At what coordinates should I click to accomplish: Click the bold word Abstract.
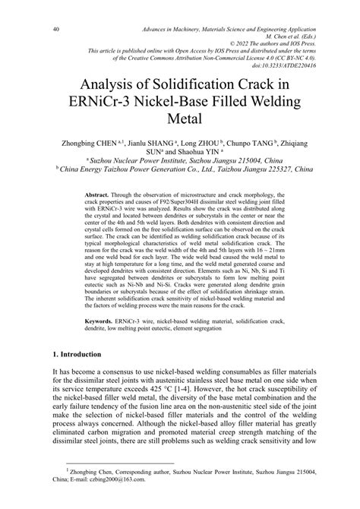point(99,194)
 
